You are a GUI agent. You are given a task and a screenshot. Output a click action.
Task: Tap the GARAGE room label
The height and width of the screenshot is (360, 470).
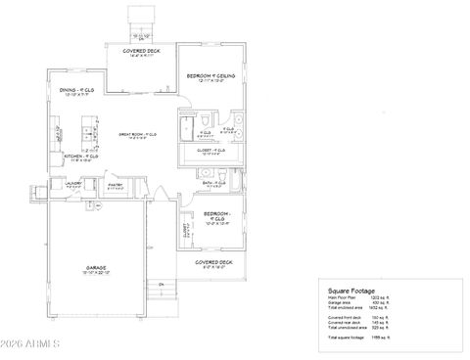coord(96,266)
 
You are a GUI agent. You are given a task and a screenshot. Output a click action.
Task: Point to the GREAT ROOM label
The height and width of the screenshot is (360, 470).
coord(137,134)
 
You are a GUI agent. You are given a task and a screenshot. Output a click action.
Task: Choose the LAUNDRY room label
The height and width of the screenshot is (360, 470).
coord(72,183)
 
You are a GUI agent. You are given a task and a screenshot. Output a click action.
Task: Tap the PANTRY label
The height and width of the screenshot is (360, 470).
coord(115,183)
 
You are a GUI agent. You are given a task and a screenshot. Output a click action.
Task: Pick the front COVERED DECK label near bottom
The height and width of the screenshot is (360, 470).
coord(211,262)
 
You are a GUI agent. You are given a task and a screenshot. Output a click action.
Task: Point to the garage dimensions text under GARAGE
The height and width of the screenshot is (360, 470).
coord(96,272)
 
